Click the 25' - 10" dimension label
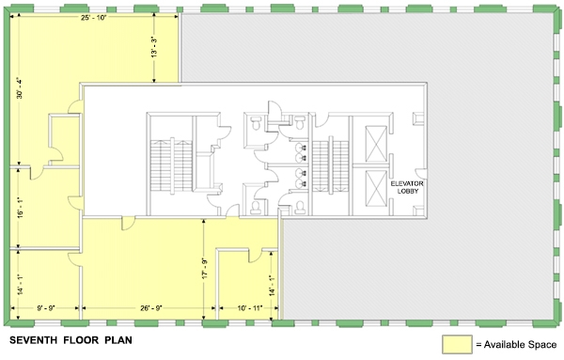point(93,17)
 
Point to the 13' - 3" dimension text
point(155,47)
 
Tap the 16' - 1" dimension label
point(20,208)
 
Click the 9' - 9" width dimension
point(46,308)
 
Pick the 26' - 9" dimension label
point(151,308)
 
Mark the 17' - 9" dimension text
point(205,268)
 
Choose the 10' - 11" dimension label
point(250,308)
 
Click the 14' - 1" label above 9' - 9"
point(20,285)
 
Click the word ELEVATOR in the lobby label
point(407,184)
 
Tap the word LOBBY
point(408,191)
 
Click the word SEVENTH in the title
point(33,340)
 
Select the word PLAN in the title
point(118,340)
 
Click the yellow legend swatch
point(457,344)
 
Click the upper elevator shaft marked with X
point(376,144)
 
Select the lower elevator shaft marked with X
point(376,188)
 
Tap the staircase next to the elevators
point(330,166)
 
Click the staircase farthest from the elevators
point(171,165)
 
